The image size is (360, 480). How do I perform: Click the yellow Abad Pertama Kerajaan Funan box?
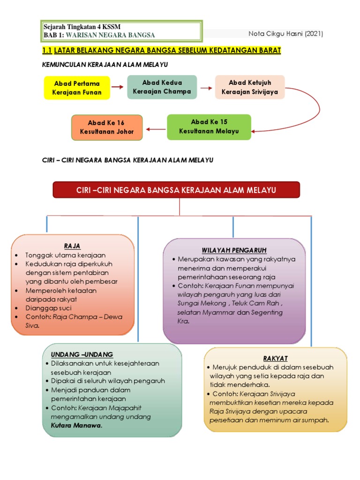click(77, 88)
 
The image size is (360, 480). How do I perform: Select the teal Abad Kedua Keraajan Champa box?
click(162, 87)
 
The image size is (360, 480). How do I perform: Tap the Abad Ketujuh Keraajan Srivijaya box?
click(250, 87)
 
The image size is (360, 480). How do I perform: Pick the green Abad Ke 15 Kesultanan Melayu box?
click(209, 127)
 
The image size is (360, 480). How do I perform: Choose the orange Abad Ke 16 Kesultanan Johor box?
click(107, 127)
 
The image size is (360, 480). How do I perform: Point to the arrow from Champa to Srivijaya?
click(206, 87)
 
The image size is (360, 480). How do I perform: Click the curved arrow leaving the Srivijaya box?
click(305, 110)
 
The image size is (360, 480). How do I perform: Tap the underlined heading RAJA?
click(73, 246)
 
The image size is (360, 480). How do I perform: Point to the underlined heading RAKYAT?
click(275, 358)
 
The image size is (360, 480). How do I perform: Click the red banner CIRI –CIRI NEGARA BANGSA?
click(176, 190)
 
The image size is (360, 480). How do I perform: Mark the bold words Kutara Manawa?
click(76, 425)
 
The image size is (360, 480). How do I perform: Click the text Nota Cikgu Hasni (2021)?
click(285, 34)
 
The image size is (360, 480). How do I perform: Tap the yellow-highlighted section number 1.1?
click(46, 50)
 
